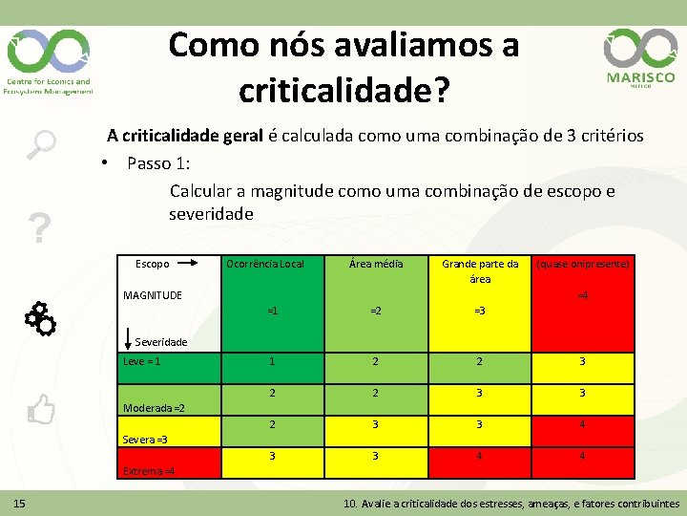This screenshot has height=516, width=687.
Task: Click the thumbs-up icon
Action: (x=41, y=410)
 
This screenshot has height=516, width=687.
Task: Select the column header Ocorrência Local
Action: (x=264, y=264)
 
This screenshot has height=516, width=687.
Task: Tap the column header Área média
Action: (x=376, y=264)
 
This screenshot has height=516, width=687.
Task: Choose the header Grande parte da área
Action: (x=480, y=271)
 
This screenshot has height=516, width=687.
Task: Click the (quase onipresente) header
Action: (x=583, y=264)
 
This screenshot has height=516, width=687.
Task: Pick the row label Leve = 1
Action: (x=142, y=361)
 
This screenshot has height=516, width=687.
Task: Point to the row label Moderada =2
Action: (x=154, y=408)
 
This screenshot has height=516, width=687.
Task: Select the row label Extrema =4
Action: (x=149, y=470)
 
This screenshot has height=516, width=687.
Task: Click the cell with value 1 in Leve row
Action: (x=272, y=362)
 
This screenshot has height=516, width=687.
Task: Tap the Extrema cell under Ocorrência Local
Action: (x=272, y=457)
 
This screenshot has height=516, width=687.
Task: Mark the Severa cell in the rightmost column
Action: (x=583, y=425)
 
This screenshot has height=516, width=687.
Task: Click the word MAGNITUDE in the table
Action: (x=153, y=294)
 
